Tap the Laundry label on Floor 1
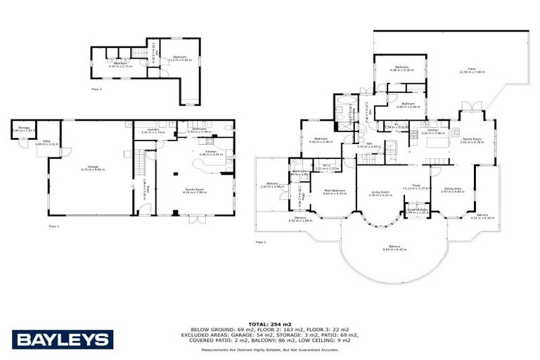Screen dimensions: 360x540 click(150, 131)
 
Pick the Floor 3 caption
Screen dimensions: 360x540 click(96, 90)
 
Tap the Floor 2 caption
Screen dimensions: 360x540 click(261, 242)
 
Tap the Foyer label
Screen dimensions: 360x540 click(416, 186)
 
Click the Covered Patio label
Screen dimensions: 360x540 click(417, 210)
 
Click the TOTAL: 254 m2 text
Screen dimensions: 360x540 click(270, 319)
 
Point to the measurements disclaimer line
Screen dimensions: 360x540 click(270, 349)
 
